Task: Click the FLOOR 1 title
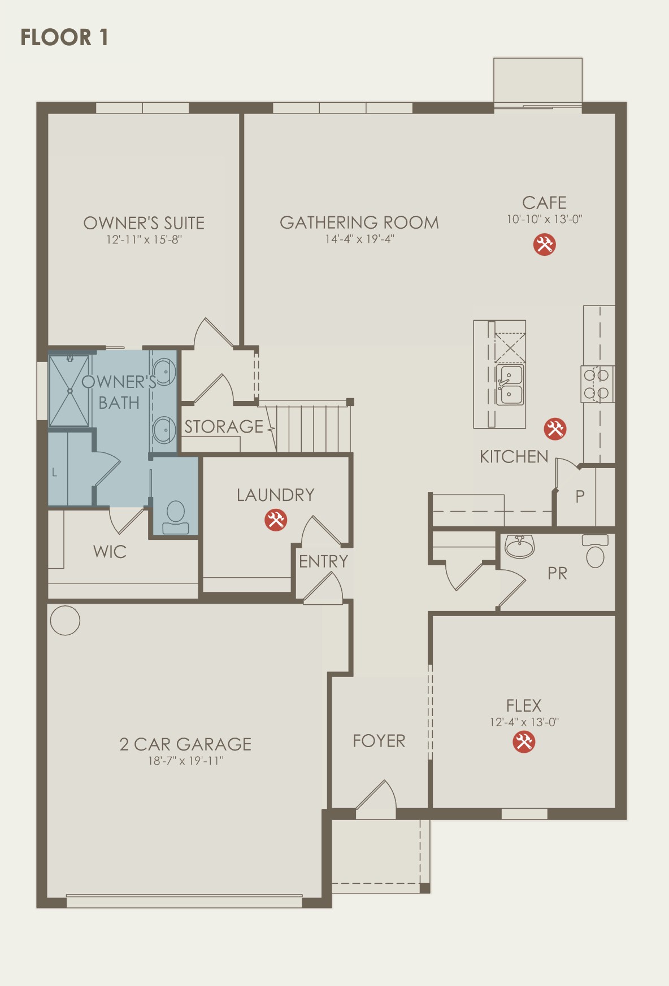point(64,37)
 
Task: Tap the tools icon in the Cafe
point(545,245)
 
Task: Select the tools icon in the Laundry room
point(276,520)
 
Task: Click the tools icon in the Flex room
point(524,742)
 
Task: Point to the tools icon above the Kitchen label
point(555,429)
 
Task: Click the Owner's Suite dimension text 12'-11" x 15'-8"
point(144,239)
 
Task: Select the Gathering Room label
point(359,222)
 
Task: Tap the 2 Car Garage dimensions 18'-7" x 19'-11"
point(186,761)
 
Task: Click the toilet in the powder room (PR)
point(595,551)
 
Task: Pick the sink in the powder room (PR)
point(519,546)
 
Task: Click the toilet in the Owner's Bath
point(176,517)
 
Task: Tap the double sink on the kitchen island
point(510,385)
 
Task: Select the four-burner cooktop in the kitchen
point(597,384)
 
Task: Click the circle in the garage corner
point(65,621)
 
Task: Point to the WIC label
point(110,552)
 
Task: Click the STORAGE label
point(224,426)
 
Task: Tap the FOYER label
point(379,741)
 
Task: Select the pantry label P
point(580,496)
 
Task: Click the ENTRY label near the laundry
point(323,561)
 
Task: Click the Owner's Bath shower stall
point(69,391)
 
